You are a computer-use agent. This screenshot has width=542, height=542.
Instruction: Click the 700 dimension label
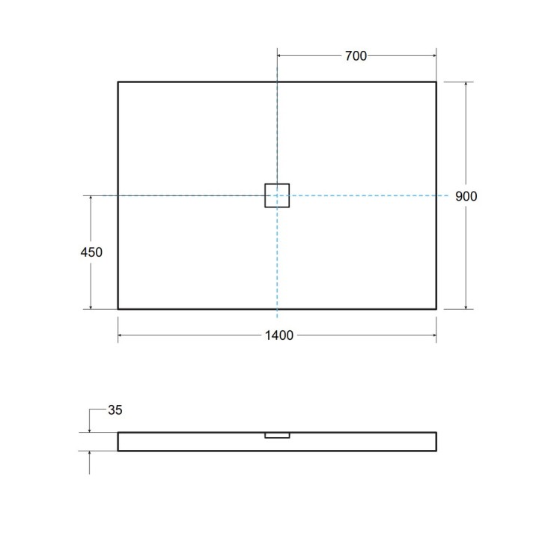[x=356, y=56]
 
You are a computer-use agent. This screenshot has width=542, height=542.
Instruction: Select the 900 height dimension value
[x=466, y=196]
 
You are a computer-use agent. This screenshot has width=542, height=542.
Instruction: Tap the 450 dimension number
[x=91, y=252]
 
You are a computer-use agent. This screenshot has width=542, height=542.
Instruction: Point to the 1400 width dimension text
[x=278, y=335]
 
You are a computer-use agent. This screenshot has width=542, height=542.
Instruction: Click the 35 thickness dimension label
[x=115, y=409]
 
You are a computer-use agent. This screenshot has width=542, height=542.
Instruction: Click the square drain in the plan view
[x=277, y=195]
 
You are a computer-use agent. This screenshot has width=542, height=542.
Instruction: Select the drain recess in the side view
[x=277, y=434]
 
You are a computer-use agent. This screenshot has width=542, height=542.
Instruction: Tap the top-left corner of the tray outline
[x=118, y=82]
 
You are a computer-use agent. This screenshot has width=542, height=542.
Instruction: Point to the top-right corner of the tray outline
[x=436, y=82]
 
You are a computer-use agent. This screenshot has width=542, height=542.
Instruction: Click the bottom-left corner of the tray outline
[x=118, y=308]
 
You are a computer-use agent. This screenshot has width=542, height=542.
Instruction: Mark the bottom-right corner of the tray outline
[x=436, y=308]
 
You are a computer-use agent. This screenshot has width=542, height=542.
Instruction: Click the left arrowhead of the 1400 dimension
[x=121, y=335]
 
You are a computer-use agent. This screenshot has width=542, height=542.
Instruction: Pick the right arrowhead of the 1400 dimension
[x=433, y=335]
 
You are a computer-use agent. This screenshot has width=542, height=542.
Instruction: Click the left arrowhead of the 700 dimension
[x=281, y=56]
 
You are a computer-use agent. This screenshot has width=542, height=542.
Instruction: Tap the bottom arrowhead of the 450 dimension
[x=91, y=305]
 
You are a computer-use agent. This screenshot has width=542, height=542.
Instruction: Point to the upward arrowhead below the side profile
[x=90, y=454]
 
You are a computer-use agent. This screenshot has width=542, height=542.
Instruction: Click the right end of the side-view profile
[x=436, y=442]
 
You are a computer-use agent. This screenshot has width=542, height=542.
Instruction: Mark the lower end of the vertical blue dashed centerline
[x=277, y=317]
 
